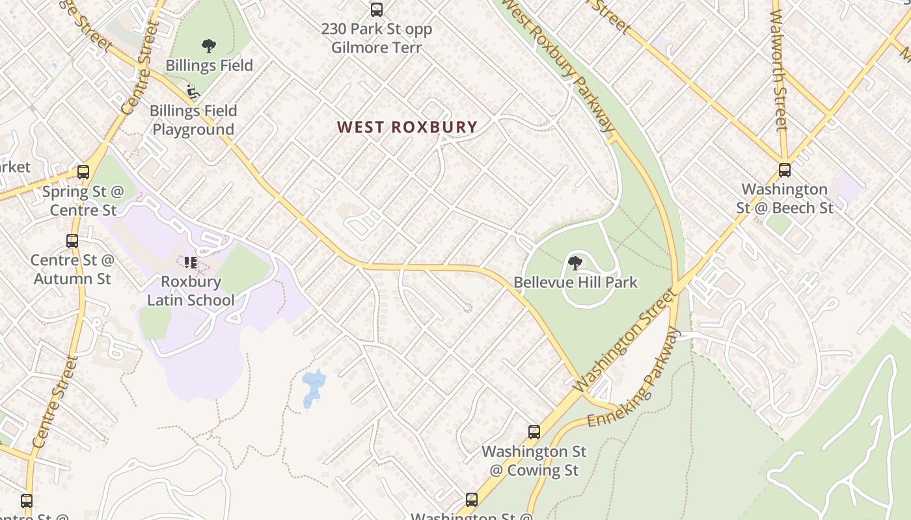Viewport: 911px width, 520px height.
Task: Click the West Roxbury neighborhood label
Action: pyautogui.click(x=407, y=127)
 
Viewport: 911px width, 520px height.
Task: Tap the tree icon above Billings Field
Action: pyautogui.click(x=208, y=46)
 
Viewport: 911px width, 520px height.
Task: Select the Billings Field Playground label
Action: pyautogui.click(x=193, y=120)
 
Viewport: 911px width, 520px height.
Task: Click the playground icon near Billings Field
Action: pyautogui.click(x=193, y=92)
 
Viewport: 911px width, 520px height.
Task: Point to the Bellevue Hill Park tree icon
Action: pyautogui.click(x=575, y=263)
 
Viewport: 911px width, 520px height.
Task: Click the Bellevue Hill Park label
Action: pyautogui.click(x=575, y=282)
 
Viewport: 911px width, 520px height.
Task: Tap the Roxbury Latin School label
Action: pyautogui.click(x=191, y=291)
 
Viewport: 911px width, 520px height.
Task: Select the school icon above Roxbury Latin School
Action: pyautogui.click(x=191, y=263)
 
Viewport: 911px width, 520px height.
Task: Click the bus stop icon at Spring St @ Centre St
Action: pyautogui.click(x=83, y=172)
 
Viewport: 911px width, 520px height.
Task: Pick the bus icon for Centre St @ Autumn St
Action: pyautogui.click(x=72, y=241)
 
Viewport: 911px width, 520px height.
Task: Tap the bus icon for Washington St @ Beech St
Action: pyautogui.click(x=785, y=170)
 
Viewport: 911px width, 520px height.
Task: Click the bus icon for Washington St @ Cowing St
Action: pyautogui.click(x=534, y=432)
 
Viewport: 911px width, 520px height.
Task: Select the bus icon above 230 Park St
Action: pyautogui.click(x=376, y=10)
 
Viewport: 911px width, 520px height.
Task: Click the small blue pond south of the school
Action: pyautogui.click(x=314, y=387)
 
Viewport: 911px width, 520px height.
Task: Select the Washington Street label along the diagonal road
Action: pyautogui.click(x=625, y=341)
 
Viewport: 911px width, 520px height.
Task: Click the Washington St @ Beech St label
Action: pyautogui.click(x=785, y=198)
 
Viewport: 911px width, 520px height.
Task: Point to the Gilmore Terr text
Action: pyautogui.click(x=376, y=47)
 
